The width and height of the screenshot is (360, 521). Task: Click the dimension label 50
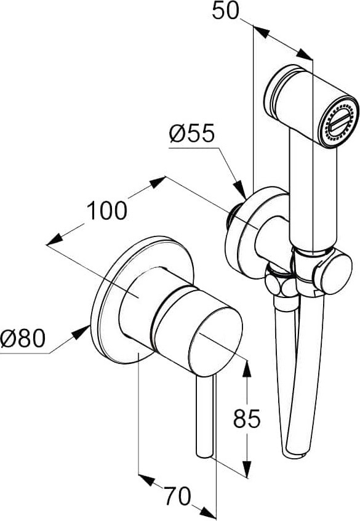pyautogui.click(x=225, y=10)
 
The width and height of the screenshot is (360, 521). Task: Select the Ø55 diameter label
pyautogui.click(x=191, y=134)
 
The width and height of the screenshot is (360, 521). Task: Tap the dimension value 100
pyautogui.click(x=107, y=211)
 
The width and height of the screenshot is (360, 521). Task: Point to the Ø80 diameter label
pyautogui.click(x=22, y=338)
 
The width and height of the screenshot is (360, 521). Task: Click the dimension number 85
pyautogui.click(x=247, y=418)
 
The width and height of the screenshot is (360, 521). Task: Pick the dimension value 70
pyautogui.click(x=178, y=496)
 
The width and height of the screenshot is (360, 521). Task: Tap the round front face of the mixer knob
pyautogui.click(x=215, y=342)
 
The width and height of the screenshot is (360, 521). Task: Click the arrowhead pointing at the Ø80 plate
pyautogui.click(x=81, y=333)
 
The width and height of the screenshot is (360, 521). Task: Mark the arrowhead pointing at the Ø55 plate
pyautogui.click(x=240, y=190)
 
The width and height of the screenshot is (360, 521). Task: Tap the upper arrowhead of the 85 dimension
pyautogui.click(x=247, y=368)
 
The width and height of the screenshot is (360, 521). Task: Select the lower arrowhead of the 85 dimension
pyautogui.click(x=247, y=469)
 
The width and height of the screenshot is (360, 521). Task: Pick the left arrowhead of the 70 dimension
pyautogui.click(x=146, y=479)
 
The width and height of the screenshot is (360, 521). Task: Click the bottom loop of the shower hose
pyautogui.click(x=294, y=450)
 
